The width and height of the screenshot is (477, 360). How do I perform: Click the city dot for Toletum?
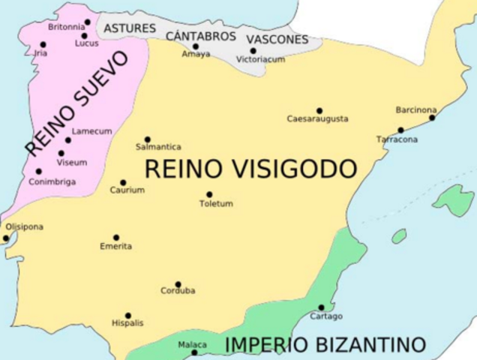tap(209, 194)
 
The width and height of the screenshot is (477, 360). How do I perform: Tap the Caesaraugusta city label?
tap(317, 119)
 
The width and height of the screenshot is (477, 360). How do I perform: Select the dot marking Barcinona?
tap(432, 118)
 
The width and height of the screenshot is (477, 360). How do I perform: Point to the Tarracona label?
tap(397, 139)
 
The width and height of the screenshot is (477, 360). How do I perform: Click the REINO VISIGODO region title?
tap(250, 169)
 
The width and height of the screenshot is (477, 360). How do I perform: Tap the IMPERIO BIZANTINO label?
tap(325, 345)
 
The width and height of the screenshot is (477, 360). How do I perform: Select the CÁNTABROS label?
tap(200, 35)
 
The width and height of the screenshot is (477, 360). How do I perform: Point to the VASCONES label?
tap(277, 39)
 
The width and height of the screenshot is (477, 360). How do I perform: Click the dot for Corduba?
tap(178, 284)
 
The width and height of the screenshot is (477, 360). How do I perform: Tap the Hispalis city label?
tap(127, 323)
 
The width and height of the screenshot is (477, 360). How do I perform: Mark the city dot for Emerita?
tap(116, 237)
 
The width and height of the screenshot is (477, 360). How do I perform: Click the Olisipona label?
tap(24, 226)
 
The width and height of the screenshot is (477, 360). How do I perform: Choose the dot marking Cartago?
tap(321, 307)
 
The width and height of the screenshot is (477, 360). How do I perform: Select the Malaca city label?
tap(192, 345)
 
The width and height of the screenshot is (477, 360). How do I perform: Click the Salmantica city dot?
tap(147, 139)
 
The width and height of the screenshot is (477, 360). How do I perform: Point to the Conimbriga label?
tap(52, 181)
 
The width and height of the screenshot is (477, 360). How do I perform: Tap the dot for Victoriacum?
tap(253, 51)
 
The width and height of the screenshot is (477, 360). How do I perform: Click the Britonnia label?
tap(66, 26)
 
